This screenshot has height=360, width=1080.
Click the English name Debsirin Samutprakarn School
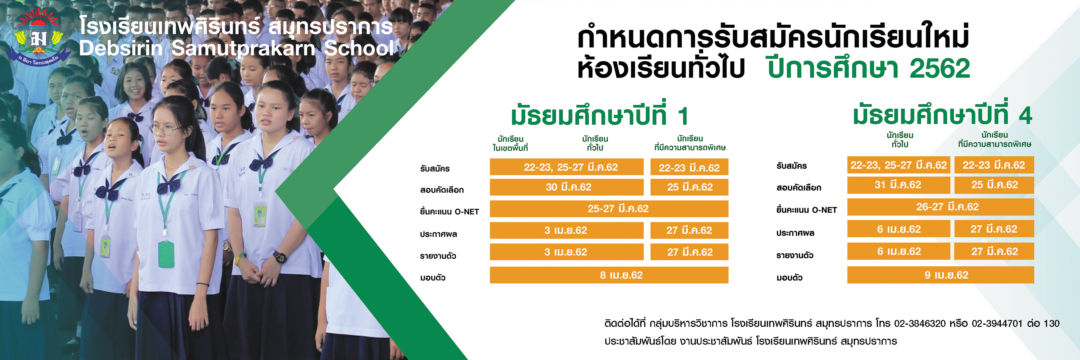click(237, 48)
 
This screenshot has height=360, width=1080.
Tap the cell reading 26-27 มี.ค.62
click(940, 207)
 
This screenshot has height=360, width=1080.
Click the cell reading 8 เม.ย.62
click(609, 275)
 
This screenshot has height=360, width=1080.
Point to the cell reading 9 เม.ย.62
click(940, 275)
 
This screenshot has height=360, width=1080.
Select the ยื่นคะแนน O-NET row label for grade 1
click(449, 212)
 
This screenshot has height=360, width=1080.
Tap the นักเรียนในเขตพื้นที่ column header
click(510, 143)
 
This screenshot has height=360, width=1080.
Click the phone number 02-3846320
click(920, 323)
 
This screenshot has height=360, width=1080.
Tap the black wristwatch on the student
click(280, 256)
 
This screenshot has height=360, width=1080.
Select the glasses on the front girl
click(169, 130)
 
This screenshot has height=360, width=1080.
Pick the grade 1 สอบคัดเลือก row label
click(442, 190)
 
